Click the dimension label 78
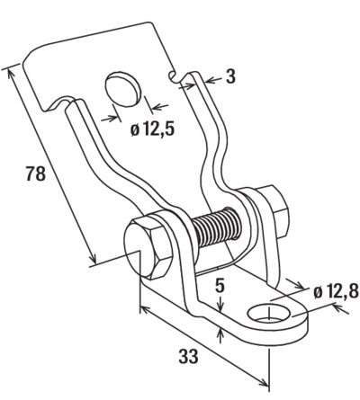36,173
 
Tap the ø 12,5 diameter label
152,129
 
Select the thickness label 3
230,76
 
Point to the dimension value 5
220,286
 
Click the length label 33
188,356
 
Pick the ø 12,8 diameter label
336,292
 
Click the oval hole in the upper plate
123,89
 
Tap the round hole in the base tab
269,314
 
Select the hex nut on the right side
274,211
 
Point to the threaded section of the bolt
216,227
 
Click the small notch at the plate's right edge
172,76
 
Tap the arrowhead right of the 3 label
211,80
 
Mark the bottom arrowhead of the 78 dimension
93,259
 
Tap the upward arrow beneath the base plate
220,335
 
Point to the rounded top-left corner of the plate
31,54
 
